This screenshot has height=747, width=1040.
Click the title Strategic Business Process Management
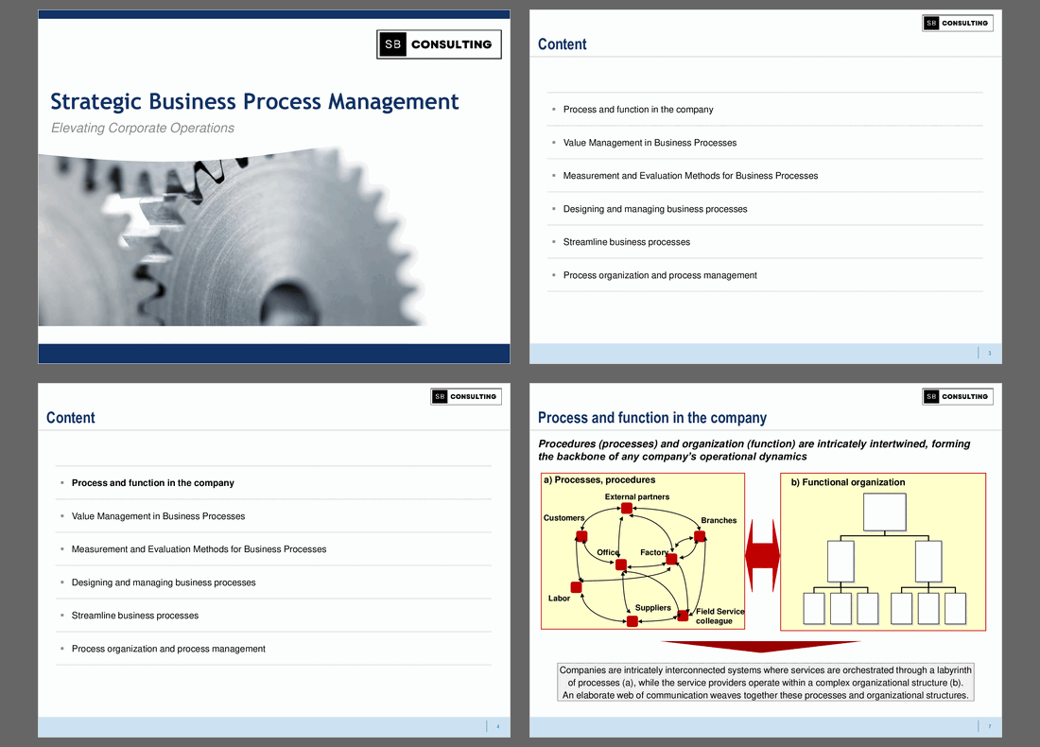point(254,101)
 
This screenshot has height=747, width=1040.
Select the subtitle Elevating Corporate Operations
point(142,129)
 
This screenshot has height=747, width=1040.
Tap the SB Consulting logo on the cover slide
point(439,44)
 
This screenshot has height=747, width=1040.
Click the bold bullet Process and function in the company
point(153,483)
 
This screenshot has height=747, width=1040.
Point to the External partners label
point(637,497)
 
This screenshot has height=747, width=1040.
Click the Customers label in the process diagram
point(563,518)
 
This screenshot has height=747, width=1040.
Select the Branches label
point(719,521)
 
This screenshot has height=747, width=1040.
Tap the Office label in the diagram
point(608,552)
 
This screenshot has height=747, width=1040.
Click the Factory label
point(653,552)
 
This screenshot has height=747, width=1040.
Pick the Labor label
point(559,599)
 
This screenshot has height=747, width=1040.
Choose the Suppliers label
point(652,608)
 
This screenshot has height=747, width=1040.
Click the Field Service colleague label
point(719,617)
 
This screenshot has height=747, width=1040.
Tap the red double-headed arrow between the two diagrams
point(762,557)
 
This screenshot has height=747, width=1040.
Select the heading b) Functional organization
point(848,482)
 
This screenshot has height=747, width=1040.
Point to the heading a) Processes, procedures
point(599,480)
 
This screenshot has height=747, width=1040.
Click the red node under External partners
point(626,509)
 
